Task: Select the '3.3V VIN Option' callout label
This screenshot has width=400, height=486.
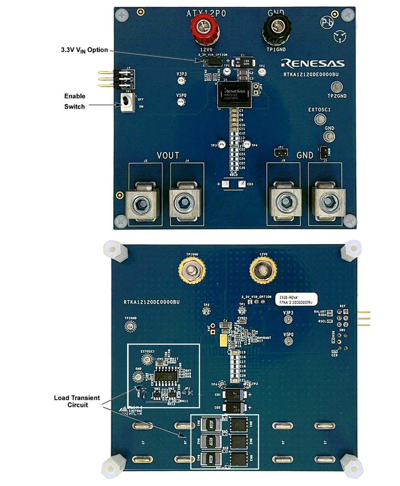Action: click(82, 50)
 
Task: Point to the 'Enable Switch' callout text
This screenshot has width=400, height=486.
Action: click(75, 101)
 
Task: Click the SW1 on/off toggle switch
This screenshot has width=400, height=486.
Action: click(128, 102)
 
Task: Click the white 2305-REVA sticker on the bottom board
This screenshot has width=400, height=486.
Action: click(295, 299)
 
